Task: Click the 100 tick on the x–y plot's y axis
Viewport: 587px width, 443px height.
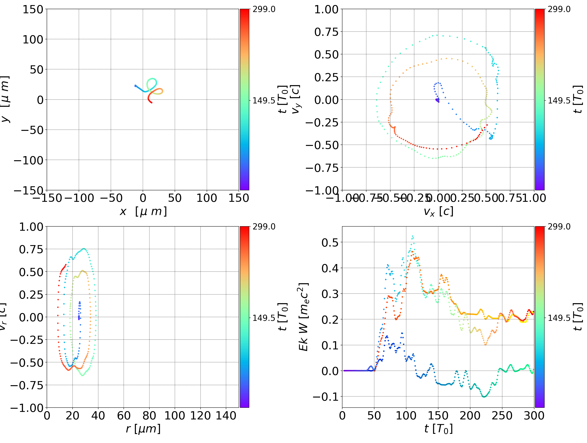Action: coord(33,39)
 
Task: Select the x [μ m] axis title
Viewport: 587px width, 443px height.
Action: coord(143,212)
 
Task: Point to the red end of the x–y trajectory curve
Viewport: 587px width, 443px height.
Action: coord(151,102)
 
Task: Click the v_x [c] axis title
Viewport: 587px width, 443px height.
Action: coord(438,212)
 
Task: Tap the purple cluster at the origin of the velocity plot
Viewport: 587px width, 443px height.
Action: coord(437,100)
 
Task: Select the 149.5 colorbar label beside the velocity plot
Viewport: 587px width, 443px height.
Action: coord(559,101)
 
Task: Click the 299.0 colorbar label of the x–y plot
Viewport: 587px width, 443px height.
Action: coord(264,9)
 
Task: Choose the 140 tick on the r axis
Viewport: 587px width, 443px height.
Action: coord(226,416)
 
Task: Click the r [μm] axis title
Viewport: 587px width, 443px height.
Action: coord(143,429)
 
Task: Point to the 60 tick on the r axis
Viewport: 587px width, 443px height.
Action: coord(124,416)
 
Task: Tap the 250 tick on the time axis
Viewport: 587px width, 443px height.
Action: coord(502,416)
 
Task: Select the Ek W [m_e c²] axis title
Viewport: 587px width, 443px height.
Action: coord(303,317)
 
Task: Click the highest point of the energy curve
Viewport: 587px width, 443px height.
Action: coord(412,236)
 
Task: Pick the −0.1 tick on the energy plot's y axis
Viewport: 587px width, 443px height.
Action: coord(326,397)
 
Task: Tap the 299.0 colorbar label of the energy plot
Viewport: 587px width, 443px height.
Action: coord(559,227)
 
